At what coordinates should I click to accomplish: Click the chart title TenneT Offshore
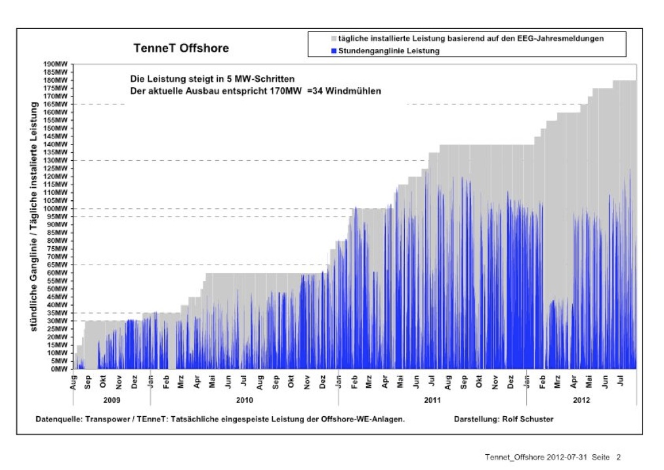[x=181, y=49]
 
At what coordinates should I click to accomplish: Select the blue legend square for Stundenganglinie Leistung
[x=334, y=51]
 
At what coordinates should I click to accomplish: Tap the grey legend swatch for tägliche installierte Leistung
[x=334, y=39]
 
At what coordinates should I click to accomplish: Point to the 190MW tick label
[x=56, y=64]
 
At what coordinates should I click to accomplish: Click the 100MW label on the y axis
[x=56, y=209]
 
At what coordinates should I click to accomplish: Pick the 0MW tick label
[x=61, y=369]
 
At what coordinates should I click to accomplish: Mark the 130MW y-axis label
[x=56, y=160]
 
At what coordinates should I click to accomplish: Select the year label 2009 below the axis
[x=113, y=400]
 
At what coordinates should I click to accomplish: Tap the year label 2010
[x=244, y=400]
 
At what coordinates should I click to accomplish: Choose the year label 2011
[x=432, y=400]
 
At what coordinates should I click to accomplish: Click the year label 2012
[x=581, y=400]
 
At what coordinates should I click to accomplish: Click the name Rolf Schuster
[x=530, y=419]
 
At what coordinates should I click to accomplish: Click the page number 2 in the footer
[x=618, y=457]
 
